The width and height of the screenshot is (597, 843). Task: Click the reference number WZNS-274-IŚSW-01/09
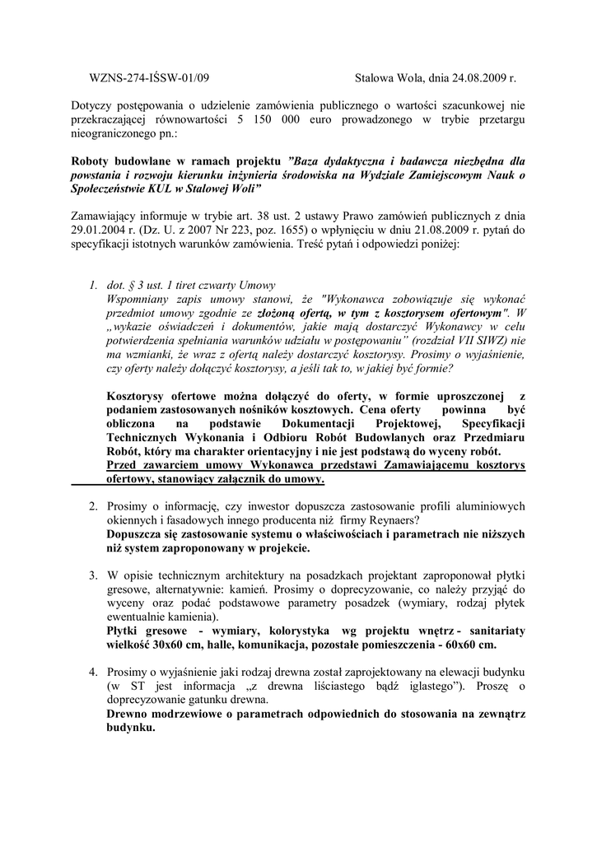(148, 79)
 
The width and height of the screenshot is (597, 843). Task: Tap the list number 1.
(93, 285)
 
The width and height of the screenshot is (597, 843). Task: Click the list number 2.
(93, 505)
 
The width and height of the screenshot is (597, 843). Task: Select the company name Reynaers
(389, 519)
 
